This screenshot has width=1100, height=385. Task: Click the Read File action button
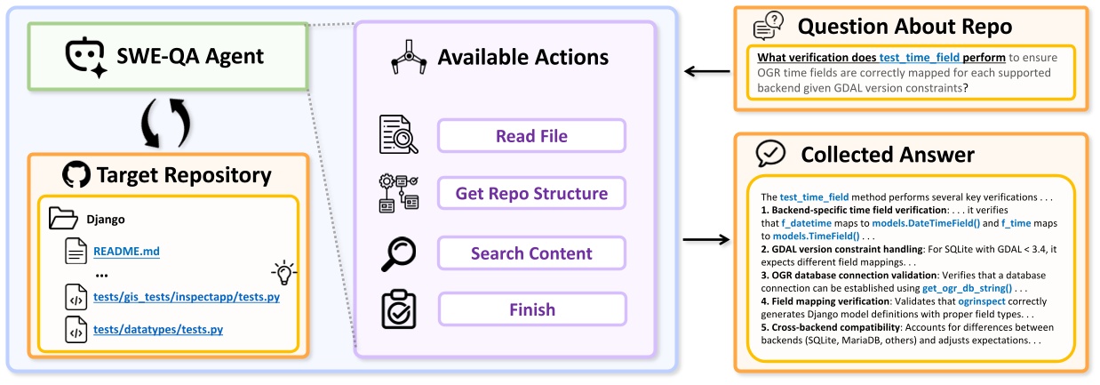531,136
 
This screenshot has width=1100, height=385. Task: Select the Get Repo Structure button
531,193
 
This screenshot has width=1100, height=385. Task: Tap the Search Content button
531,253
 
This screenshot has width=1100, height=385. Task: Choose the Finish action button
531,309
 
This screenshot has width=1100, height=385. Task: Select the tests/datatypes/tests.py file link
158,330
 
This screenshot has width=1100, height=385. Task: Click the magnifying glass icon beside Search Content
393,253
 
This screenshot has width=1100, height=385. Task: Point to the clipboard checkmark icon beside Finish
393,309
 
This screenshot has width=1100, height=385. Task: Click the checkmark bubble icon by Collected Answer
769,154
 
